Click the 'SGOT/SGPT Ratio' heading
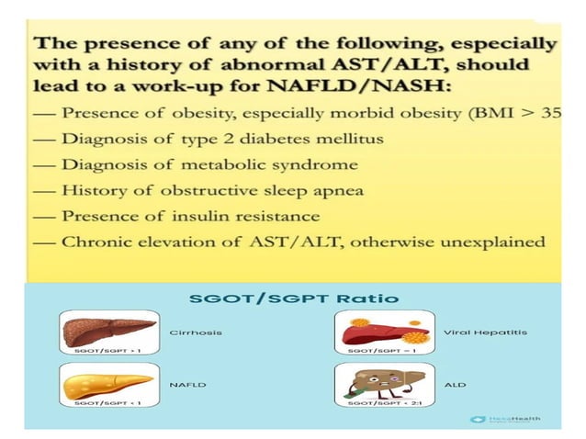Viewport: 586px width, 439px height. (293, 298)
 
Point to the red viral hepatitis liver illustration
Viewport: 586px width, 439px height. (379, 328)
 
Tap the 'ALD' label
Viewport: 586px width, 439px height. (454, 386)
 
